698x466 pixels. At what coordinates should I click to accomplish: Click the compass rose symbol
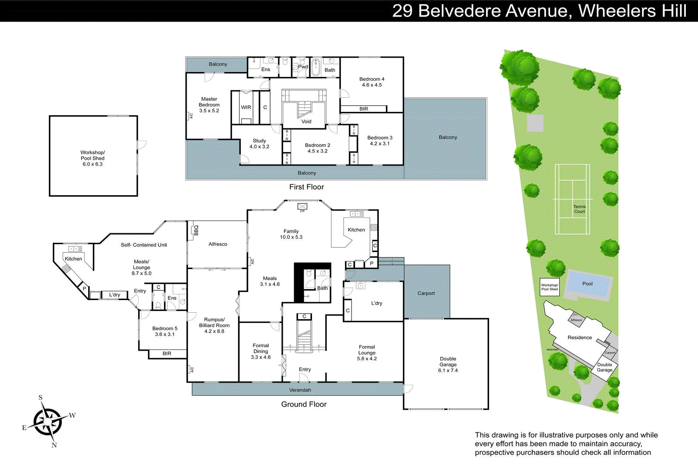(x=47, y=421)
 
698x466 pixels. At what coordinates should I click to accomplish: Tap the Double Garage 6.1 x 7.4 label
(x=448, y=365)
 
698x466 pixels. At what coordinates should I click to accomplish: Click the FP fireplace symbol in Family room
(x=302, y=207)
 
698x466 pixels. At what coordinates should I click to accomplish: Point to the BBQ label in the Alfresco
(x=196, y=230)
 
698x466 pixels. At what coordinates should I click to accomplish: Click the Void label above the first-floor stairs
(x=306, y=121)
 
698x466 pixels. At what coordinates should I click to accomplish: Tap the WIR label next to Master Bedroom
(x=246, y=107)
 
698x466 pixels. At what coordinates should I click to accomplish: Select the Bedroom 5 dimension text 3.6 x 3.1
(x=164, y=335)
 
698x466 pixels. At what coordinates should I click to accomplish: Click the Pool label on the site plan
(x=587, y=284)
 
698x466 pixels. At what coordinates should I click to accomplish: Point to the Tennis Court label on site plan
(x=579, y=209)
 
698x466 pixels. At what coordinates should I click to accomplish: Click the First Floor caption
(x=306, y=187)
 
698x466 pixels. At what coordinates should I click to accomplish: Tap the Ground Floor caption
(x=304, y=404)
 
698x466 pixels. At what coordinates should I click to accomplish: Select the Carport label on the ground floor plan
(x=426, y=293)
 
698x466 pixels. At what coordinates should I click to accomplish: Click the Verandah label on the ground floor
(x=300, y=390)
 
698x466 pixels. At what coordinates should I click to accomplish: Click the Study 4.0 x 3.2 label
(x=259, y=144)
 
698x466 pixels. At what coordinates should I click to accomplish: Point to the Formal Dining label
(x=260, y=349)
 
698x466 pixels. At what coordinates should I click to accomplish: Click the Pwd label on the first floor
(x=303, y=67)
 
